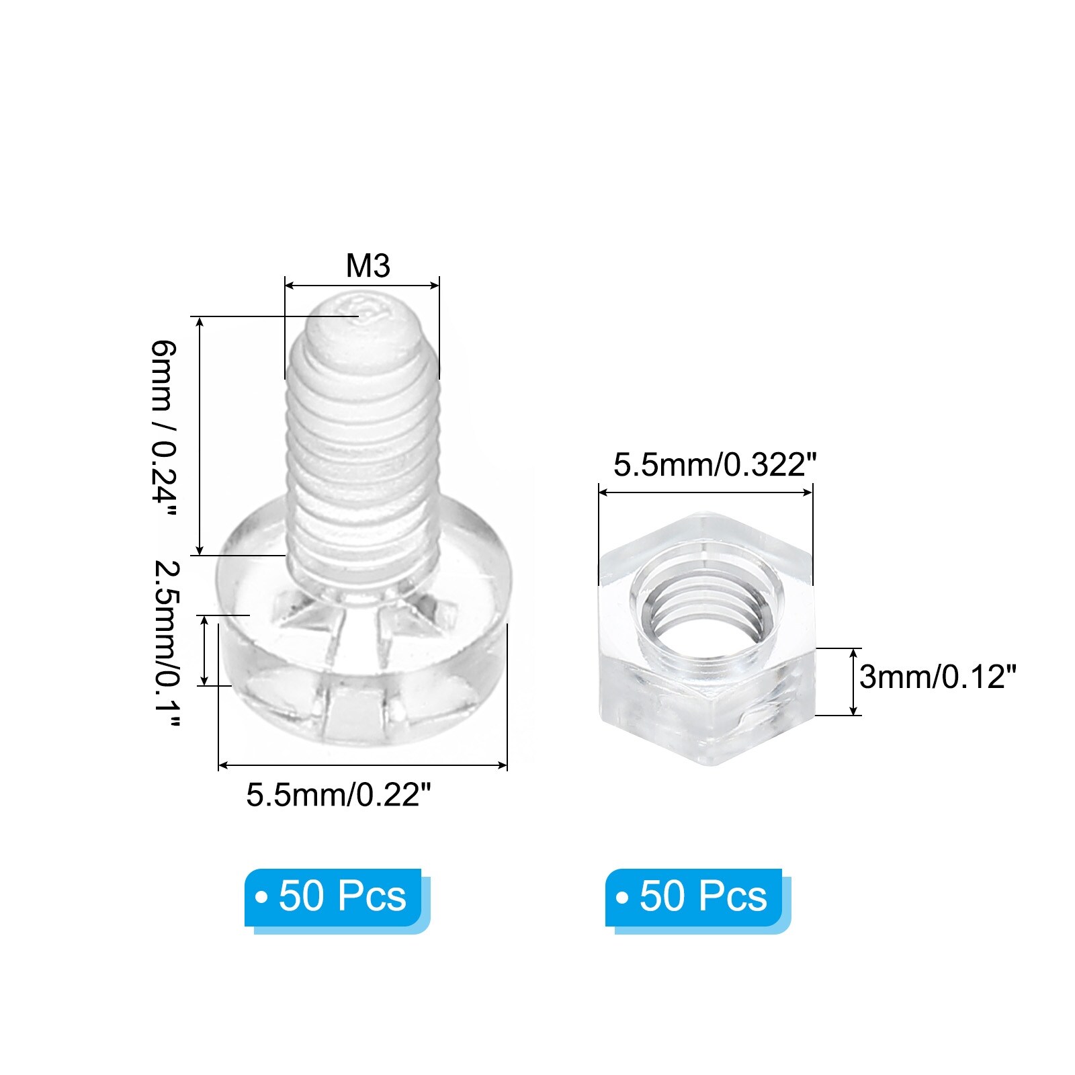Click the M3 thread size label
368,266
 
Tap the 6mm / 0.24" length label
163,429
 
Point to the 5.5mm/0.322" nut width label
714,464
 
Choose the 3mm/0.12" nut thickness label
937,677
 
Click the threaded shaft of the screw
361,457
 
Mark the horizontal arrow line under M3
361,286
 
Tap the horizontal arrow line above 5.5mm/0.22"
363,765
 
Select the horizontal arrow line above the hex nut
705,492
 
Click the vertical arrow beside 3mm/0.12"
853,681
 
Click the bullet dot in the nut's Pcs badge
622,898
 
